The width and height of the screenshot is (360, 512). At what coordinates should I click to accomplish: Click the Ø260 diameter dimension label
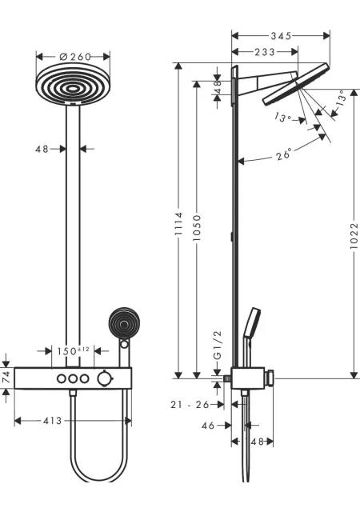click(x=75, y=57)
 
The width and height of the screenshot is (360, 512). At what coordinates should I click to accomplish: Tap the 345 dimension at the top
click(x=281, y=35)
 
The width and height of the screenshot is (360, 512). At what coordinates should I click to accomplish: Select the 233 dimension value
click(x=265, y=52)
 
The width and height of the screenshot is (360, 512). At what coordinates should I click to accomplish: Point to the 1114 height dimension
click(x=178, y=224)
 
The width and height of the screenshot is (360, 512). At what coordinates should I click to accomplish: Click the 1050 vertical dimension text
click(x=197, y=228)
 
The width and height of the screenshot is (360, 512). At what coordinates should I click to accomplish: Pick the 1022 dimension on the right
click(x=354, y=236)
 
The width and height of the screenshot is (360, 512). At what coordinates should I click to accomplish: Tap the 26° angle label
click(x=283, y=154)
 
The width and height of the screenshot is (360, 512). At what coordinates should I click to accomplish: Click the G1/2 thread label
click(x=218, y=345)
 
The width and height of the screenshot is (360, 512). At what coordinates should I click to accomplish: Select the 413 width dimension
click(x=52, y=421)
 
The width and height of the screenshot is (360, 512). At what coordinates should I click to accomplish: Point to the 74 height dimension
click(x=6, y=378)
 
